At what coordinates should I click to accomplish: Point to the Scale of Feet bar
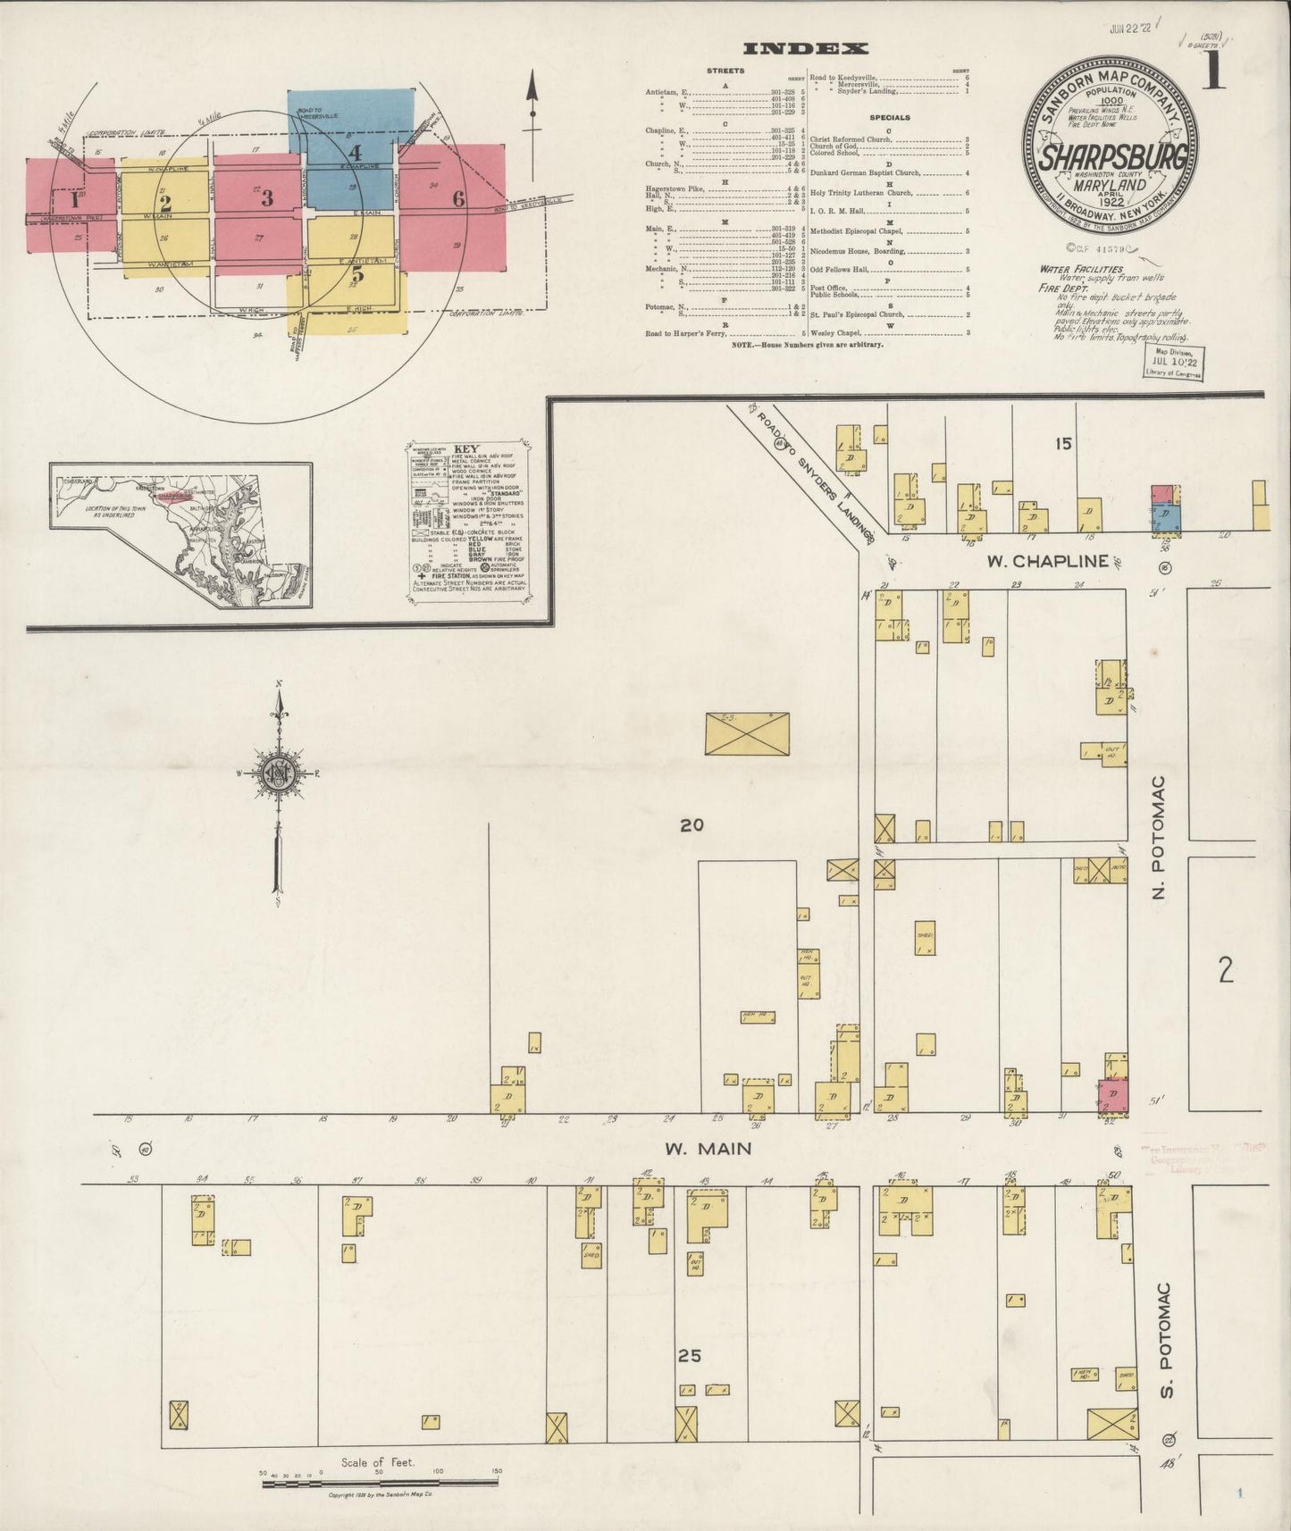tap(380, 1482)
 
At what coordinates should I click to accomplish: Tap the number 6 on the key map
tap(458, 199)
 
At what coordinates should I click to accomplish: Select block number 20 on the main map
tap(692, 824)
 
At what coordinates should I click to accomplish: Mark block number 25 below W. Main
tap(689, 1355)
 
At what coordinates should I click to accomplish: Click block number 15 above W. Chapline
tap(1062, 443)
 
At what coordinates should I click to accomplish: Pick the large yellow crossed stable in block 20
tap(747, 732)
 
